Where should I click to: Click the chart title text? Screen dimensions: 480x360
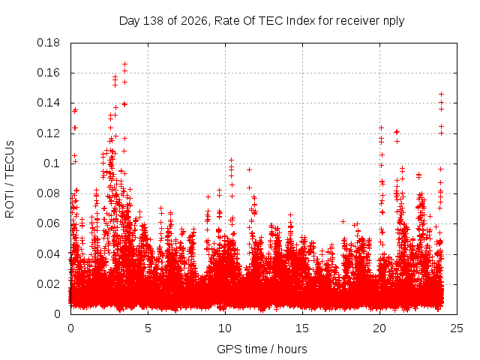(x=262, y=21)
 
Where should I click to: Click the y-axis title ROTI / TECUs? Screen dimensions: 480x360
(x=10, y=179)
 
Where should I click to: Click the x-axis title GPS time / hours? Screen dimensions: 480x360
(x=262, y=349)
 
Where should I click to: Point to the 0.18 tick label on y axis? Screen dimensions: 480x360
(x=48, y=43)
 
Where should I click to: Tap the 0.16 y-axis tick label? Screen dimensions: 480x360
(x=48, y=73)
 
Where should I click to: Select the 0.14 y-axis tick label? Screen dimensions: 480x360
(x=48, y=103)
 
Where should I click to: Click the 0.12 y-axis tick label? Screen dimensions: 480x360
(x=48, y=133)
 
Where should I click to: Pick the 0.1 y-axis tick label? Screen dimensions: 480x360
(x=52, y=163)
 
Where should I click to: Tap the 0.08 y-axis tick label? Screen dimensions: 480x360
(x=48, y=193)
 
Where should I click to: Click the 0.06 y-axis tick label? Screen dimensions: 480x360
(x=48, y=223)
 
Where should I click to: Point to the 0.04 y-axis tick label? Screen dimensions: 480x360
(x=48, y=254)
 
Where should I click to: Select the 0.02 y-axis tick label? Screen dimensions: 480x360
(x=48, y=284)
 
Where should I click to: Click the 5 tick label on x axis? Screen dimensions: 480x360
(x=148, y=328)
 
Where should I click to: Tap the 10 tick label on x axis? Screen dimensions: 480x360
(x=225, y=328)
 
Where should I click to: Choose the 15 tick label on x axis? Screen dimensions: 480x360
(x=302, y=328)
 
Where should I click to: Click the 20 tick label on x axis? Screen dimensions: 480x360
(x=379, y=328)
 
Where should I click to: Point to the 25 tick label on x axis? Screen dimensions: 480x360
(x=457, y=328)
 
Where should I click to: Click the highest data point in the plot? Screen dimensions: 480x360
(x=124, y=64)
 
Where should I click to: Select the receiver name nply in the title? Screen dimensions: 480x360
(x=394, y=22)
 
